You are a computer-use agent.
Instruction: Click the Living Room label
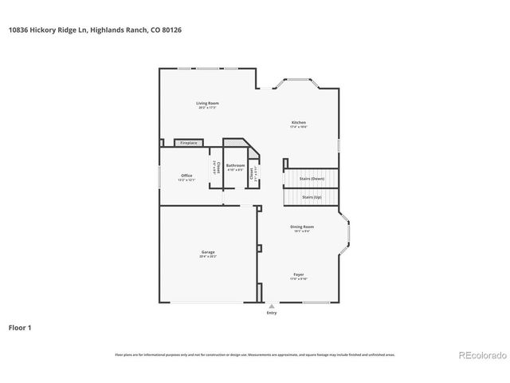pyautogui.click(x=208, y=103)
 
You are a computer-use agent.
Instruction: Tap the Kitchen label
pyautogui.click(x=298, y=122)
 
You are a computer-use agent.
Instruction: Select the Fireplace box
pyautogui.click(x=188, y=143)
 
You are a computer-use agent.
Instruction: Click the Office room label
pyautogui.click(x=186, y=176)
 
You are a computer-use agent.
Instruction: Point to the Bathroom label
pyautogui.click(x=235, y=165)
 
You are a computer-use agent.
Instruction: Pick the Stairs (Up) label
pyautogui.click(x=312, y=196)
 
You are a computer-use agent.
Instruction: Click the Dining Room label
pyautogui.click(x=301, y=227)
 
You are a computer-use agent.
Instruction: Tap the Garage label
pyautogui.click(x=207, y=252)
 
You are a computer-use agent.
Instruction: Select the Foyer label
pyautogui.click(x=298, y=274)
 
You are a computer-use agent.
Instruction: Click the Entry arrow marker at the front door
pyautogui.click(x=273, y=305)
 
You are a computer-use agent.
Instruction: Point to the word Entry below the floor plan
pyautogui.click(x=273, y=313)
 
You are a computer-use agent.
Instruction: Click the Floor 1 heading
pyautogui.click(x=20, y=327)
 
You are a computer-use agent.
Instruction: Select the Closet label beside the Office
pyautogui.click(x=215, y=168)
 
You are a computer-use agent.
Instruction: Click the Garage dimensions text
pyautogui.click(x=207, y=257)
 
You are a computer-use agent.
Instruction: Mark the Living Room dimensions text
pyautogui.click(x=208, y=108)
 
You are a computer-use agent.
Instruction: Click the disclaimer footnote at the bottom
pyautogui.click(x=254, y=354)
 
